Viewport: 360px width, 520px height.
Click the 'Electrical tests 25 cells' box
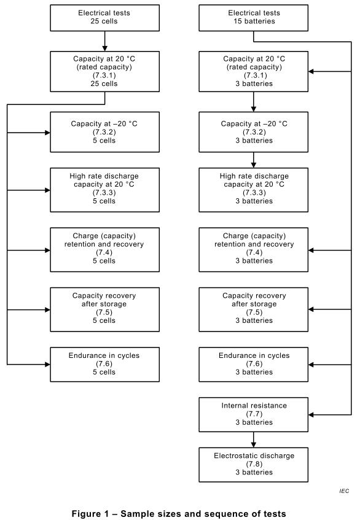point(105,18)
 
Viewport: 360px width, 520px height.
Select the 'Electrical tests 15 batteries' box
point(254,18)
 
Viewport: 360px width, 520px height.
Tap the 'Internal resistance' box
point(254,414)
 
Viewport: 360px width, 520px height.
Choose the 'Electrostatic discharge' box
point(254,465)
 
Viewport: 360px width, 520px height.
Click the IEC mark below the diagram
point(344,491)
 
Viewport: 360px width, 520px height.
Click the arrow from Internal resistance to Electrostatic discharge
point(254,440)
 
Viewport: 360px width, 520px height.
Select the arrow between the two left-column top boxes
point(105,42)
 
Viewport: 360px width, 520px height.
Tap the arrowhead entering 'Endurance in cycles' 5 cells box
point(47,365)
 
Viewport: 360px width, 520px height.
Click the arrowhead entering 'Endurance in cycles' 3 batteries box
point(311,365)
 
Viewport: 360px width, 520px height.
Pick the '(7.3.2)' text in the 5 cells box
point(104,132)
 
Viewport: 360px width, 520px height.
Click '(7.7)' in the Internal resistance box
point(254,414)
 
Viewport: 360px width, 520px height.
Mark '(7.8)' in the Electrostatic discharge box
point(254,464)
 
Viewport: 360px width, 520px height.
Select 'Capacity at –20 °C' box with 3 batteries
point(254,132)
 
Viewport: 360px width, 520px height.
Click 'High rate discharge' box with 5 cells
point(105,190)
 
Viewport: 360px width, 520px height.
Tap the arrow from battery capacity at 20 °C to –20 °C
point(254,102)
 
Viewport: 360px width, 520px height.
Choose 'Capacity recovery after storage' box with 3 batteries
point(254,309)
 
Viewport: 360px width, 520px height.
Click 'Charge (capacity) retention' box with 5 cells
point(105,250)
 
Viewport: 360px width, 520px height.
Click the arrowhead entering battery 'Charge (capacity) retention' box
point(311,250)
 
